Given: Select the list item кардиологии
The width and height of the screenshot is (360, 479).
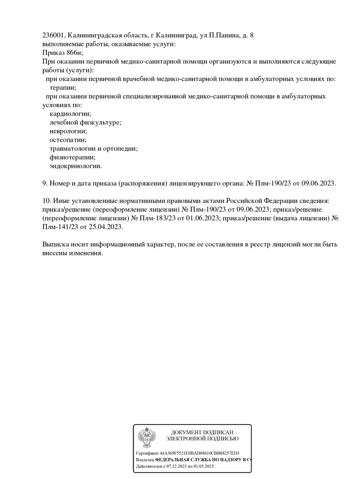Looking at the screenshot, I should coord(70,114).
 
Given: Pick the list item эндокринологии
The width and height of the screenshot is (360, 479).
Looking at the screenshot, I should coord(76,166).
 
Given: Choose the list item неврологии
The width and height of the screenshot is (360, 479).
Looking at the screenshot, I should coord(68,131).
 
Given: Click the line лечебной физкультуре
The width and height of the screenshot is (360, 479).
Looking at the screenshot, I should coord(85,122).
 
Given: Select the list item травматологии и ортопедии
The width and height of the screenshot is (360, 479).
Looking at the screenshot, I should coord(94,148).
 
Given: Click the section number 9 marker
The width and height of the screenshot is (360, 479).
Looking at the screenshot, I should coord(44,184).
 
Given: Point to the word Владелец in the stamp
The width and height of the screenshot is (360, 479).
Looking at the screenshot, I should coord(144,460).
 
